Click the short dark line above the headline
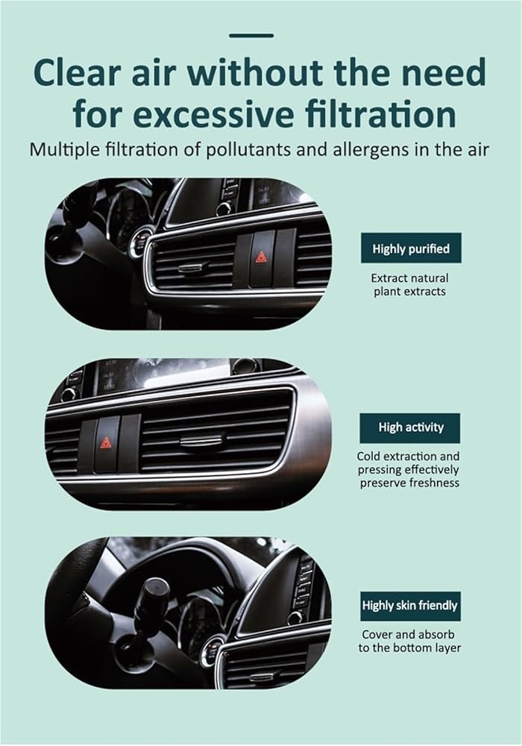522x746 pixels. (x=251, y=36)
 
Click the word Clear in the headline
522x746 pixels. (x=77, y=73)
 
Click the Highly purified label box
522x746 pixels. (x=411, y=248)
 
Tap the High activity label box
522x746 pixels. (x=410, y=427)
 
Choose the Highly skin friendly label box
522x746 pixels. (x=410, y=606)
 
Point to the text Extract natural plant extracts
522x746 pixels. (x=410, y=284)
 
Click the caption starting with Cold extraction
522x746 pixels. (x=409, y=469)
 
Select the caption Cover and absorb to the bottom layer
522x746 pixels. (x=410, y=641)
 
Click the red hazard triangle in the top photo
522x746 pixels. (x=260, y=257)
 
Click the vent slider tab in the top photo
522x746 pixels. (x=195, y=267)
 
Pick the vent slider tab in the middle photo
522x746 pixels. (x=201, y=441)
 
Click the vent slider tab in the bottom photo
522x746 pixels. (x=261, y=677)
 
